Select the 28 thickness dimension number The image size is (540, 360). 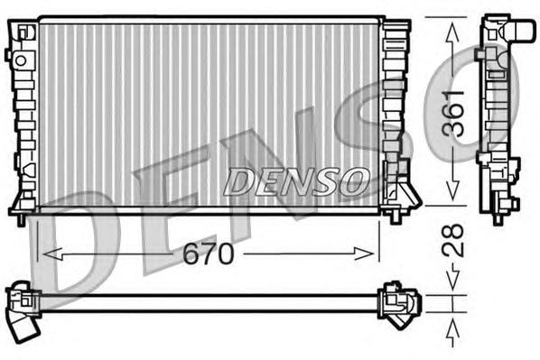pyautogui.click(x=456, y=242)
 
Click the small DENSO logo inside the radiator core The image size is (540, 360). pyautogui.click(x=295, y=181)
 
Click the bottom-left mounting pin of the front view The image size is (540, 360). pyautogui.click(x=20, y=217)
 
